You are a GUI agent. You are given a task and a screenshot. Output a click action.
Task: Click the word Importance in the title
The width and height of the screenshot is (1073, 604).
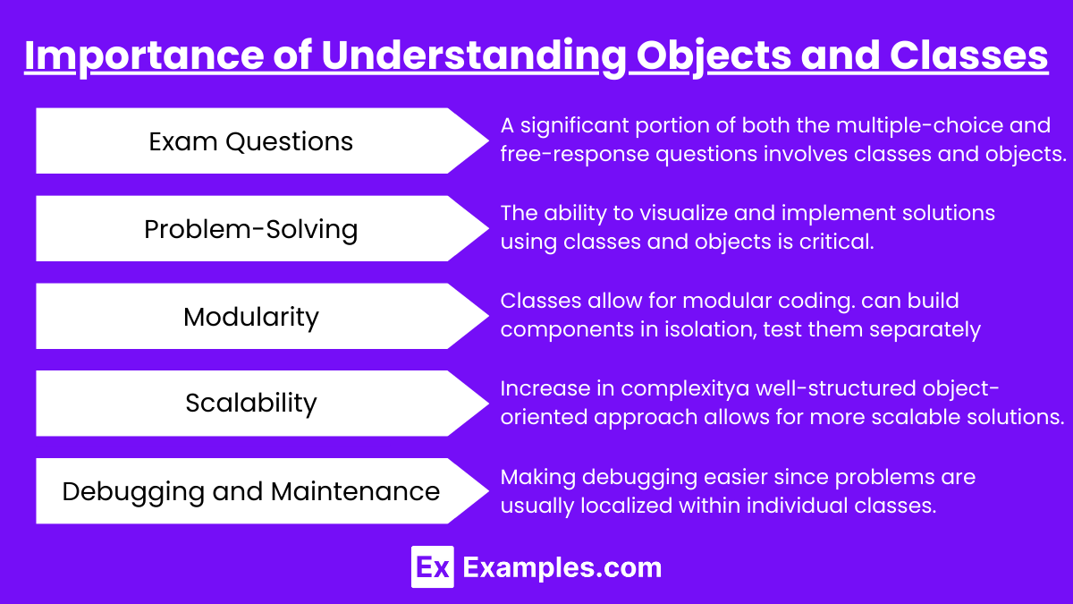pos(144,56)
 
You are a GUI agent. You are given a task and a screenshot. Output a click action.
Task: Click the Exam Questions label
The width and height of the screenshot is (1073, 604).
pos(250,141)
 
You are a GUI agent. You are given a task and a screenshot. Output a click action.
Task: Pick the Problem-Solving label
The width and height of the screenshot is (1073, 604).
pos(250,229)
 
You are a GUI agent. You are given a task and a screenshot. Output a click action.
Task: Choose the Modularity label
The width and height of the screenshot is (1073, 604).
pos(250,317)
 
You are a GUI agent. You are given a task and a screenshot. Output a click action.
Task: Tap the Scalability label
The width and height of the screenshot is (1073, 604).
pos(250,403)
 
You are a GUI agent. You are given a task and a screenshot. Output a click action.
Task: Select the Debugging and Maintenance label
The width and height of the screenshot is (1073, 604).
pos(250,491)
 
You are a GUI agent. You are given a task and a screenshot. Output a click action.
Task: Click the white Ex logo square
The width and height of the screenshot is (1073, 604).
pos(433,567)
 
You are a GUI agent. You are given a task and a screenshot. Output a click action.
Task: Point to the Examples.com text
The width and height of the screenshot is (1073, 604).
pos(562,567)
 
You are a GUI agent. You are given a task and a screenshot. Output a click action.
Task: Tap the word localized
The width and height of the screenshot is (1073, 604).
pos(627,506)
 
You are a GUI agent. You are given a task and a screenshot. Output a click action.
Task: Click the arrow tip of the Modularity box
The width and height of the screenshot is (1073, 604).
pos(488,316)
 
